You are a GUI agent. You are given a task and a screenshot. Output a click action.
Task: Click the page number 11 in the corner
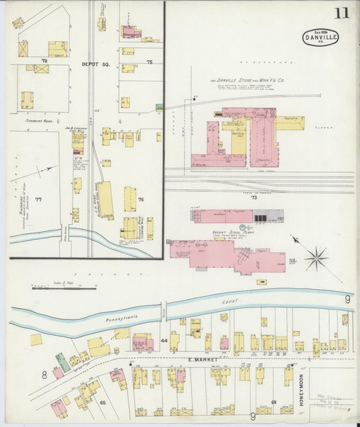click(x=341, y=13)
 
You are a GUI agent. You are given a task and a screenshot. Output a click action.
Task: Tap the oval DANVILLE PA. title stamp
click(x=320, y=37)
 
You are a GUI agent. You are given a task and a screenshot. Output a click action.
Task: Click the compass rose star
click(x=315, y=257)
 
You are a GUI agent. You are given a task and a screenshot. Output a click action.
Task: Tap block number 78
click(x=44, y=61)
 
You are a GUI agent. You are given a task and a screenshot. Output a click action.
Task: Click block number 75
click(x=149, y=62)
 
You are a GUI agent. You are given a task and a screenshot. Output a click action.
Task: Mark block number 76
click(x=141, y=199)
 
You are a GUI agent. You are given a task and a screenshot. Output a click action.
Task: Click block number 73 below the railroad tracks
click(x=254, y=199)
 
